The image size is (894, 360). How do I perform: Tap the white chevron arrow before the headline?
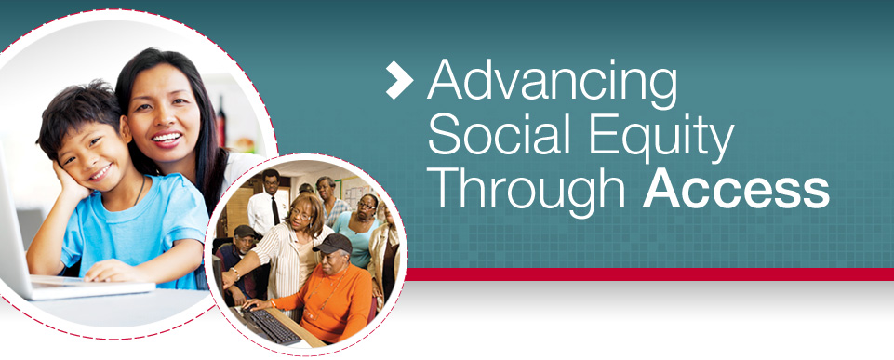pyautogui.click(x=399, y=80)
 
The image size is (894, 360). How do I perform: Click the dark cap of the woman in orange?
pyautogui.click(x=334, y=244)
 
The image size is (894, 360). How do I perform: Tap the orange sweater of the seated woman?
pyautogui.click(x=330, y=300)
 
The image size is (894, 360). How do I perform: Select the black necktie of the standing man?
pyautogui.click(x=275, y=210)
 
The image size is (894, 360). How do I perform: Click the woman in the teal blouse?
pyautogui.click(x=360, y=228)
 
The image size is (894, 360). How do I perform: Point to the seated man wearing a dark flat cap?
pyautogui.click(x=239, y=262)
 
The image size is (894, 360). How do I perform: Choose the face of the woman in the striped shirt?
pyautogui.click(x=302, y=214)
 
